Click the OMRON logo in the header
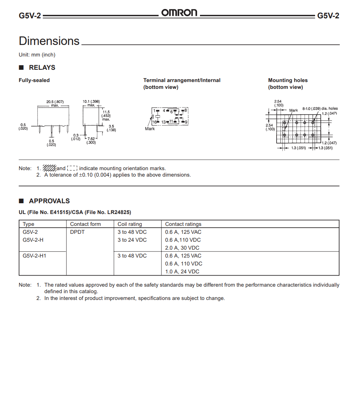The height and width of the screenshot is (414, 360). [179, 13]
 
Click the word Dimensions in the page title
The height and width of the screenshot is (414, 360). [49, 41]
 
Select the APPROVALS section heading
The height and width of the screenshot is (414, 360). [49, 201]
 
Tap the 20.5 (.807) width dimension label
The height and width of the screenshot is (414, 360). [55, 102]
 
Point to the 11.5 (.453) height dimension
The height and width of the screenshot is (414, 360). [106, 114]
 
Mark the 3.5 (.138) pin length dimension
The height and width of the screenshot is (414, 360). [111, 128]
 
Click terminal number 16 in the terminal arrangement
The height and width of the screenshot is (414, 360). [154, 122]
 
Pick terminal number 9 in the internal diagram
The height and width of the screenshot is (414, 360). [186, 122]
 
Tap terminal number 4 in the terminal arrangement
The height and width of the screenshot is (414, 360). [164, 110]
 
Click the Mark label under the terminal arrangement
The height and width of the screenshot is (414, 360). [150, 129]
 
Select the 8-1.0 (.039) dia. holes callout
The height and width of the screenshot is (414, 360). [320, 108]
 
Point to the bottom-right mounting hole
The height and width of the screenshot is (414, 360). [313, 135]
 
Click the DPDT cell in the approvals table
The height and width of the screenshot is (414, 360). [77, 232]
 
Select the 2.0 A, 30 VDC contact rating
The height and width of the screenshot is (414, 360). [182, 248]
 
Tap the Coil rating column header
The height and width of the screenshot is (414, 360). [129, 224]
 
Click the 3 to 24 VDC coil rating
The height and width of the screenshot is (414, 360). [132, 240]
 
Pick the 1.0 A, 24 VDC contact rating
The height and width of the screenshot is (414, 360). [182, 272]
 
